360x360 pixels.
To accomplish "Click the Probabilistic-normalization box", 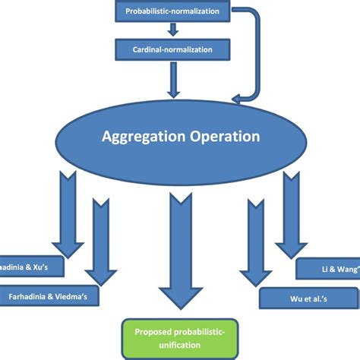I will point(173,11).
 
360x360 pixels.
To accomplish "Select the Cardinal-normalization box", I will point(173,50).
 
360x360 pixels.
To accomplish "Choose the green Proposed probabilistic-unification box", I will point(179,339).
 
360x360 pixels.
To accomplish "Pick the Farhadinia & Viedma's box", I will point(49,295).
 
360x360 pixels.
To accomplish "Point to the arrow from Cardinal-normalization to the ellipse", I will point(173,78).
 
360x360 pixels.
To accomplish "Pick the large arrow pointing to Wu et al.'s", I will point(254,239).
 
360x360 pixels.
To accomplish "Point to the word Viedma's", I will point(73,295).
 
